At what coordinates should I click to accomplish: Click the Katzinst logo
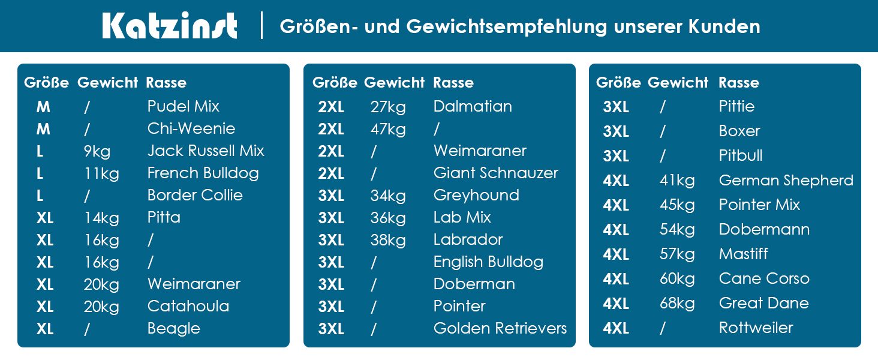click(x=170, y=26)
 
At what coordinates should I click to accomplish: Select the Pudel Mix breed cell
click(x=183, y=107)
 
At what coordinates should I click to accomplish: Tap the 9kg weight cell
click(x=97, y=151)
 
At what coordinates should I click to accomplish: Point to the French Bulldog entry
click(x=203, y=173)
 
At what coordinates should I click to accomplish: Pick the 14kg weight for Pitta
click(x=101, y=218)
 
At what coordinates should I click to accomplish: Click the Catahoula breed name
click(x=188, y=307)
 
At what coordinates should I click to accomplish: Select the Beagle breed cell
click(x=173, y=329)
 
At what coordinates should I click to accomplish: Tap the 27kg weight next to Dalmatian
click(x=387, y=107)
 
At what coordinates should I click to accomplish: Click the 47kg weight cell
click(x=387, y=129)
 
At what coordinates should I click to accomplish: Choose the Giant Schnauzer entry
click(x=495, y=173)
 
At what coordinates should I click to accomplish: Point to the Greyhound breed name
click(x=476, y=196)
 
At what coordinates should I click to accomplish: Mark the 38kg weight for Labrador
click(x=387, y=240)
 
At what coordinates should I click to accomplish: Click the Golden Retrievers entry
click(x=500, y=329)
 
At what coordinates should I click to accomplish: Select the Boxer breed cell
click(x=739, y=131)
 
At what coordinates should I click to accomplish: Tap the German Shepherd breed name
click(x=786, y=181)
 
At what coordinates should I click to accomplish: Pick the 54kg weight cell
click(x=677, y=230)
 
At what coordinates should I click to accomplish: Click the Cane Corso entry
click(x=764, y=279)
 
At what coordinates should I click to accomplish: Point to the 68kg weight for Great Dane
click(x=677, y=304)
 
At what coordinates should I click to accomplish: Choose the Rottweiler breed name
click(x=756, y=328)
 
